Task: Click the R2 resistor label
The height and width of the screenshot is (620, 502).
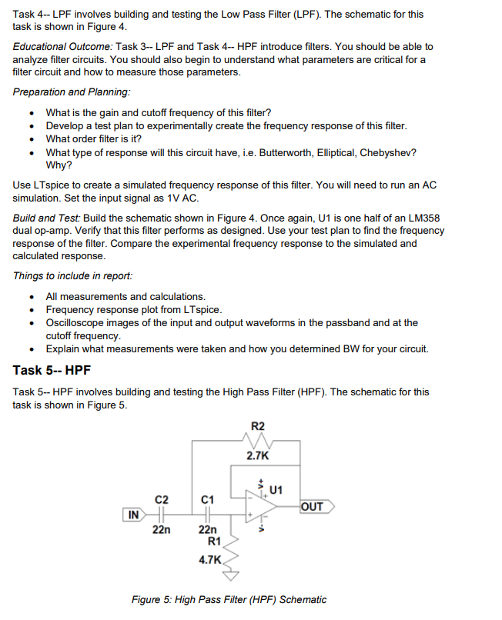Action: pyautogui.click(x=258, y=426)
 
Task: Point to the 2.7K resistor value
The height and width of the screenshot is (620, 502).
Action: pyautogui.click(x=257, y=456)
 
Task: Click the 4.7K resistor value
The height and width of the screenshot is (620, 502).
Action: pyautogui.click(x=209, y=560)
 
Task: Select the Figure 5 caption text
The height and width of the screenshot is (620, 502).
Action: pyautogui.click(x=229, y=600)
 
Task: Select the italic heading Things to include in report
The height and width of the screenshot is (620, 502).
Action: pyautogui.click(x=72, y=276)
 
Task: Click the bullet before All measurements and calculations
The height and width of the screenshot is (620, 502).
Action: pyautogui.click(x=32, y=297)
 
